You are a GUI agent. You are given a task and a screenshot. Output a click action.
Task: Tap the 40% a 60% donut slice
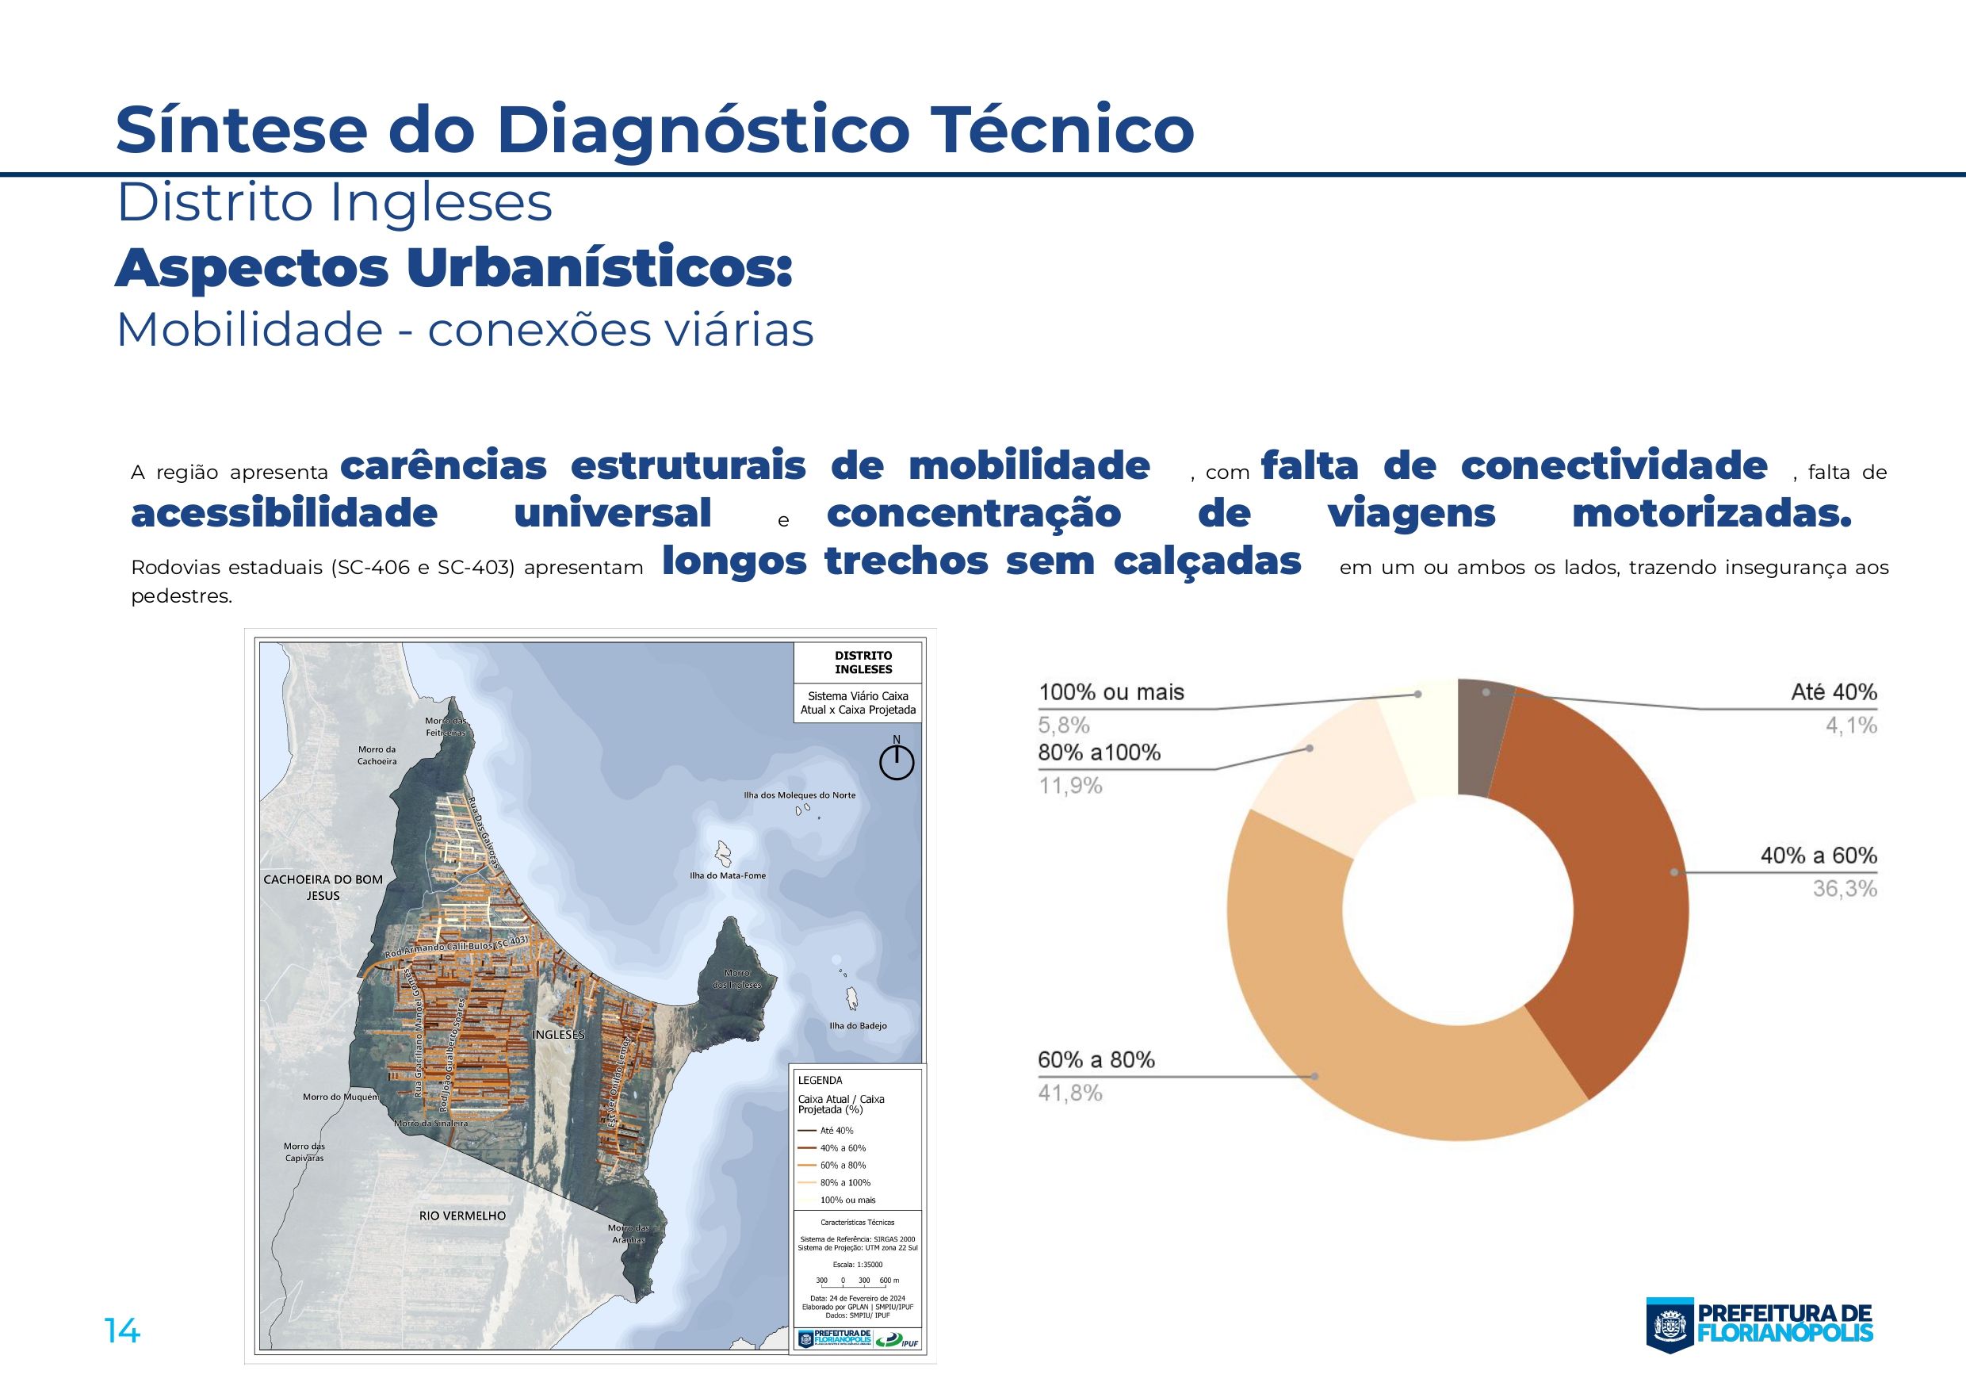pos(1618,890)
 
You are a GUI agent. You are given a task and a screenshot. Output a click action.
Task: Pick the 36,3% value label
pos(1844,889)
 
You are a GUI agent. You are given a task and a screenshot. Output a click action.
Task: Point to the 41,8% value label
pos(1069,1093)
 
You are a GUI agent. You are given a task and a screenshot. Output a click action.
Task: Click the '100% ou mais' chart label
pos(1111,692)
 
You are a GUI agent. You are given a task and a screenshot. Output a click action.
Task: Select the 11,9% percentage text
pos(1069,785)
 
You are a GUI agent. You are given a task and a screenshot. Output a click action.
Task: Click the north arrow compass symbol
pos(897,760)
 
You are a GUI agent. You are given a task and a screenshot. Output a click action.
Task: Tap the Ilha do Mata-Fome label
pos(727,875)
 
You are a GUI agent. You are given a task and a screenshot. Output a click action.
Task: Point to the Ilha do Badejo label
pos(857,1026)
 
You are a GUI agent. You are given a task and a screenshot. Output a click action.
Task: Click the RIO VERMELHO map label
pos(461,1216)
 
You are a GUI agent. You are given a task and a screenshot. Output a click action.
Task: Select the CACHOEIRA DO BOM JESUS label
pos(323,887)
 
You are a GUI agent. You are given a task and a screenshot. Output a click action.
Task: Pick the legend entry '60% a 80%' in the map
pos(843,1165)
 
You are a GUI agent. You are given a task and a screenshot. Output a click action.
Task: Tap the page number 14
pos(121,1331)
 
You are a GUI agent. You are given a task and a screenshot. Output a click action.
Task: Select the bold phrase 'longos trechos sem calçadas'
pos(981,562)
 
